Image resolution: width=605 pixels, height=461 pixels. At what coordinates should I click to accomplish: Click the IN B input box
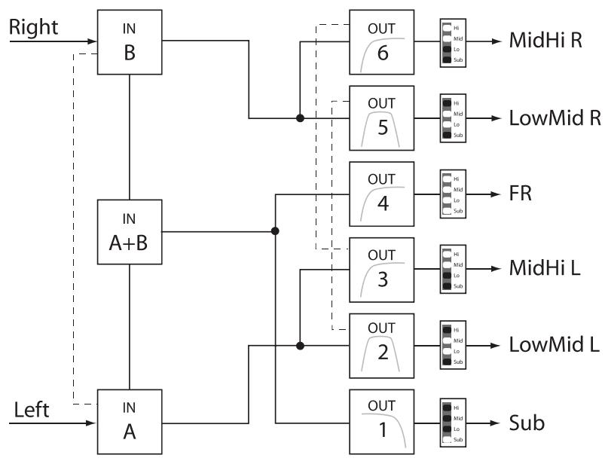click(x=130, y=43)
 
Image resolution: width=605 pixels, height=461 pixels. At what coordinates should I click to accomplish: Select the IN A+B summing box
click(x=130, y=231)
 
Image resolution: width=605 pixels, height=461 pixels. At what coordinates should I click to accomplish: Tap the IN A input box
click(x=130, y=420)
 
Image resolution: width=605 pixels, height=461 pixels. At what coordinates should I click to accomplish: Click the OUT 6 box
click(x=382, y=43)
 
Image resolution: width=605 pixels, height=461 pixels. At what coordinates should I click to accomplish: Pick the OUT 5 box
click(x=382, y=118)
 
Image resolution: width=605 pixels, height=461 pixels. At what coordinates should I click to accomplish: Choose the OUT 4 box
click(x=382, y=194)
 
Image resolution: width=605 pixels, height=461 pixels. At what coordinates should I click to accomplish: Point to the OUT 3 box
click(x=382, y=269)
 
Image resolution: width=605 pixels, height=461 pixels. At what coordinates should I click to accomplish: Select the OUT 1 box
click(x=382, y=421)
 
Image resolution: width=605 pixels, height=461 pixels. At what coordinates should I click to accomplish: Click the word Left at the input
click(x=32, y=410)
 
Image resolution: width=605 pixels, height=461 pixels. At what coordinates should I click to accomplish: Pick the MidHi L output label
click(x=545, y=269)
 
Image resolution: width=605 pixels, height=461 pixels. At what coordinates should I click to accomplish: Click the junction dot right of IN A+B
click(x=275, y=231)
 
